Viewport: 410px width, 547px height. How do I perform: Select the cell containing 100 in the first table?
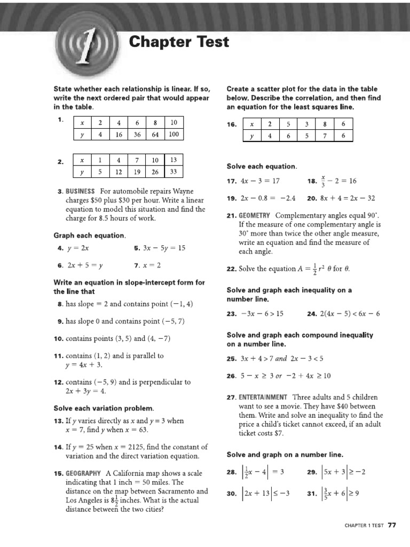174,135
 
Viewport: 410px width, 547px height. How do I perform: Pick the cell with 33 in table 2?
174,172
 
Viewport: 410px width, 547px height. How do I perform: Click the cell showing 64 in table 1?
155,135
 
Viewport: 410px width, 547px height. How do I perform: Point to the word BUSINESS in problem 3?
80,191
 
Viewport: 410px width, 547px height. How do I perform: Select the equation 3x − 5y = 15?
165,248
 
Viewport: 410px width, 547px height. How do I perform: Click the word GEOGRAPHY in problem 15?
83,473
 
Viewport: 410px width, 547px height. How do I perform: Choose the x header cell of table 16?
252,123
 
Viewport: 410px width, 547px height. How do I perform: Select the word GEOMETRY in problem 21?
255,216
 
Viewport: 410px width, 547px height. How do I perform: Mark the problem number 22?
231,269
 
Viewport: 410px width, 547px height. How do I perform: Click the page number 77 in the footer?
392,525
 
